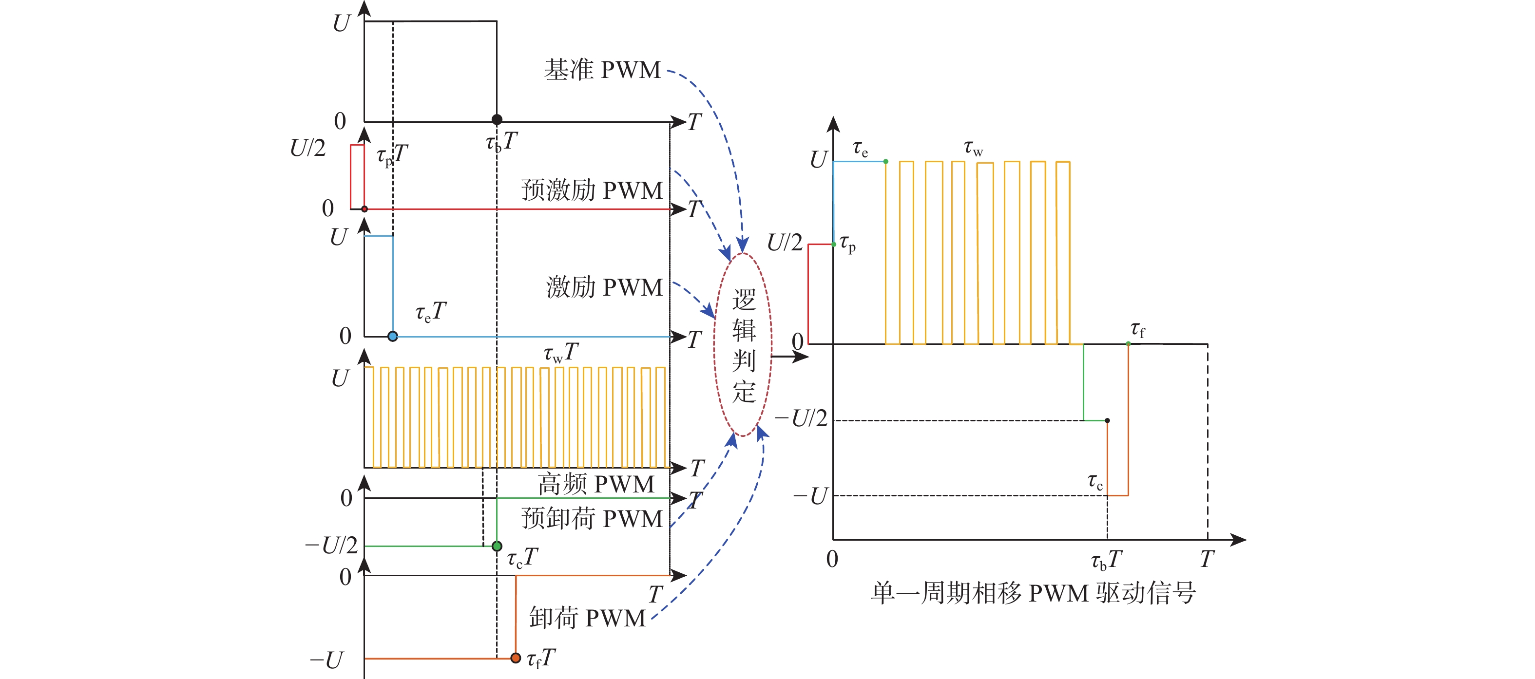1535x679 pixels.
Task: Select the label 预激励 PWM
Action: tap(592, 190)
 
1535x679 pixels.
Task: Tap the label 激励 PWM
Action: tap(604, 288)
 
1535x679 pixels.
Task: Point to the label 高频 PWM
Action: tap(596, 484)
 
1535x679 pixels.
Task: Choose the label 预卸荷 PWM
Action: tap(592, 519)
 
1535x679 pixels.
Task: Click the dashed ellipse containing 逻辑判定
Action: tap(743, 344)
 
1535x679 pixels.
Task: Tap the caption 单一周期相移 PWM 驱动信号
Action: tap(1033, 593)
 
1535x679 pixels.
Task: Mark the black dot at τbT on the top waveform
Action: tap(497, 120)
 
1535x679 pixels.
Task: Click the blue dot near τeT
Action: tap(393, 337)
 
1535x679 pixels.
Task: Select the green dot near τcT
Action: tap(497, 546)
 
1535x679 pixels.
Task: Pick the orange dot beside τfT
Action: tap(516, 658)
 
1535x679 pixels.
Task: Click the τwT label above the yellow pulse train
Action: tap(560, 353)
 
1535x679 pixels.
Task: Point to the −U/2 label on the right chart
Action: tap(802, 419)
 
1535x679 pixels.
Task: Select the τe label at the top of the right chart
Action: tap(860, 148)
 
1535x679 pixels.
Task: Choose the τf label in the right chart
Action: tap(1137, 329)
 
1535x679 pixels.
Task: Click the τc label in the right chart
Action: tap(1095, 481)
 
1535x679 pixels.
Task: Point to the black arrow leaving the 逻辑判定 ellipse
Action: tap(789, 357)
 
